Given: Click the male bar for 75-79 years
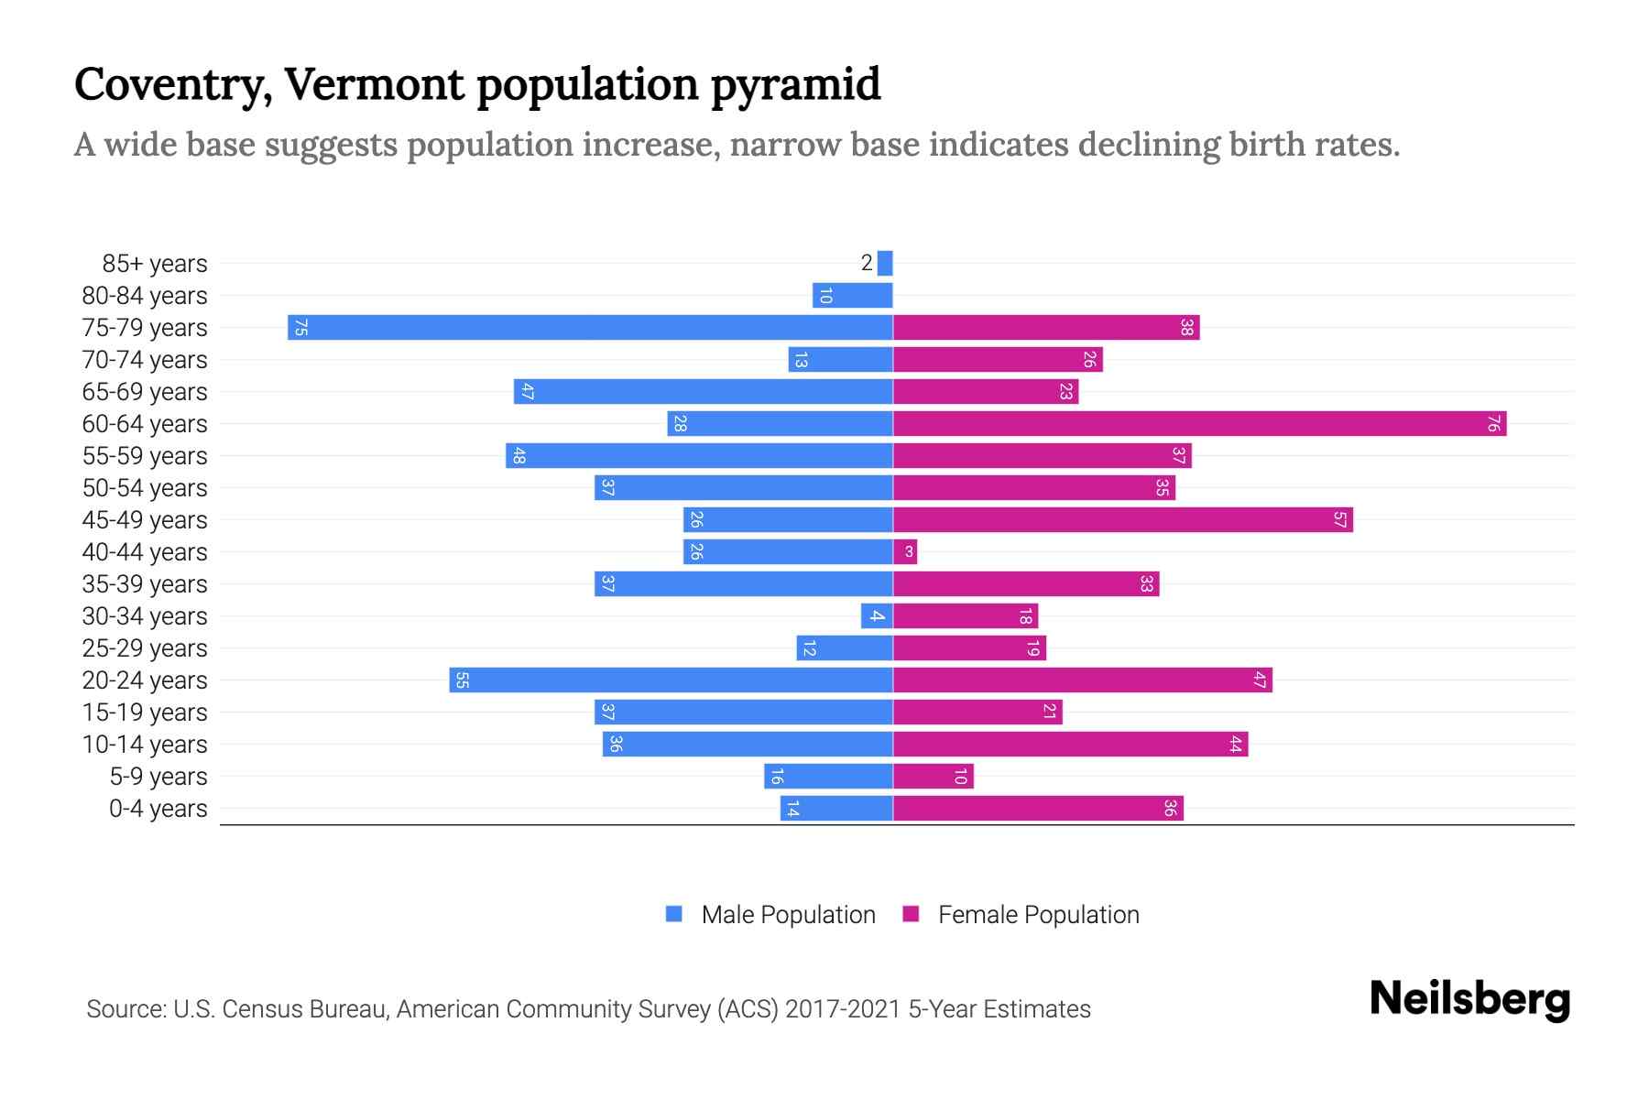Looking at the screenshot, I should tap(590, 328).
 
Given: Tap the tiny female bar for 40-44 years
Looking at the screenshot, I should tap(905, 552).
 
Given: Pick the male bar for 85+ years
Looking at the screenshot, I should tap(885, 264).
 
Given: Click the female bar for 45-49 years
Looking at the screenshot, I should tap(1122, 520).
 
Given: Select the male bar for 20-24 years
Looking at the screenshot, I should tap(671, 680).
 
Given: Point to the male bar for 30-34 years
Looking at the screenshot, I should tap(877, 616).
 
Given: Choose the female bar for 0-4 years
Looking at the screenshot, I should tap(1038, 809).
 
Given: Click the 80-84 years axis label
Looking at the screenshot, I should tap(145, 296).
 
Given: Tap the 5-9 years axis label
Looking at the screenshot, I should tap(158, 777).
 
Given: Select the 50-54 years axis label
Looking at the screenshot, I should tap(145, 488).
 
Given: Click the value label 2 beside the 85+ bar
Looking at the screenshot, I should tap(867, 264).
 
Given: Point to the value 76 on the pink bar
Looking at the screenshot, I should tap(1493, 424).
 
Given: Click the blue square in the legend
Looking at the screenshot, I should tap(674, 914).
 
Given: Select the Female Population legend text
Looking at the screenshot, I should tap(1038, 914).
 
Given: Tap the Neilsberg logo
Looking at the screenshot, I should tap(1469, 999).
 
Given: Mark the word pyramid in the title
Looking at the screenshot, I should tap(795, 85).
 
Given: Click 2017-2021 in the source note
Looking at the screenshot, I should tap(842, 1009).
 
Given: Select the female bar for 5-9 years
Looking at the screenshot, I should tap(933, 777).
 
